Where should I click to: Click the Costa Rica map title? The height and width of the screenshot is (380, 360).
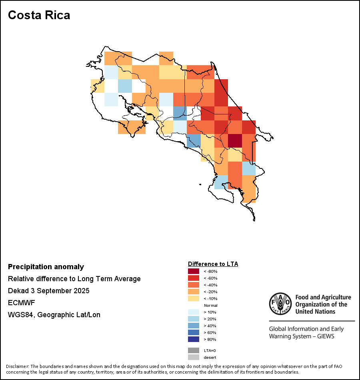click(39, 15)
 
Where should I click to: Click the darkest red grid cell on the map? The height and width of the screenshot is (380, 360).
click(235, 140)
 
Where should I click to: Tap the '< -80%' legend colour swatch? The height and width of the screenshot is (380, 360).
click(193, 271)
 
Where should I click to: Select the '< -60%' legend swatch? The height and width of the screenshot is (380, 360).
click(193, 278)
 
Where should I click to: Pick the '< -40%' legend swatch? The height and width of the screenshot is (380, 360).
click(193, 285)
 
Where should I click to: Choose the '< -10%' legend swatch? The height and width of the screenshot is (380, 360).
click(193, 298)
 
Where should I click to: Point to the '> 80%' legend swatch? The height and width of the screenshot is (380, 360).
click(193, 339)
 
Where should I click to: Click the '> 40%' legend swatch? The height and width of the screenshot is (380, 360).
click(193, 326)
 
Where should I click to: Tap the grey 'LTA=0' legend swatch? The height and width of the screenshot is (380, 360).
click(193, 350)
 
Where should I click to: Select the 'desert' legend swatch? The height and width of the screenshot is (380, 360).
click(193, 357)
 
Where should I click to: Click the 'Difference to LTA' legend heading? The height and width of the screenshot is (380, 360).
click(213, 264)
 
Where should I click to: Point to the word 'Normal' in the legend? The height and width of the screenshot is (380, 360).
click(210, 305)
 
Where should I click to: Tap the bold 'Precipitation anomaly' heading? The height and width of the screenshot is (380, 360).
click(46, 267)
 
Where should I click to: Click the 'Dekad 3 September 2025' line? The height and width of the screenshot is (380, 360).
click(48, 291)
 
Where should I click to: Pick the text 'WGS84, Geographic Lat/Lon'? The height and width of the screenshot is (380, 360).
click(54, 315)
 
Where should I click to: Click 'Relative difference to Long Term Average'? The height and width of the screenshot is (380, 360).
click(74, 279)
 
